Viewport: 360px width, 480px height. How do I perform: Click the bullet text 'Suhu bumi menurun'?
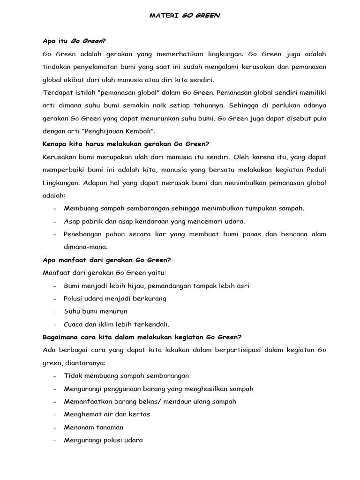pyautogui.click(x=95, y=311)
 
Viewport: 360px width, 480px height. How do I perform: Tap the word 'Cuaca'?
pyautogui.click(x=74, y=324)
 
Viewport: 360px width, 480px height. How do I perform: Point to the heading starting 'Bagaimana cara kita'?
pyautogui.click(x=142, y=337)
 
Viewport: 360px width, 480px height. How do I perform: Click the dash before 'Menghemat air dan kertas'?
pyautogui.click(x=55, y=414)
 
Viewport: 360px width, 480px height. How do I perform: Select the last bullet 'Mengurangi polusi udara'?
pyautogui.click(x=103, y=440)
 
